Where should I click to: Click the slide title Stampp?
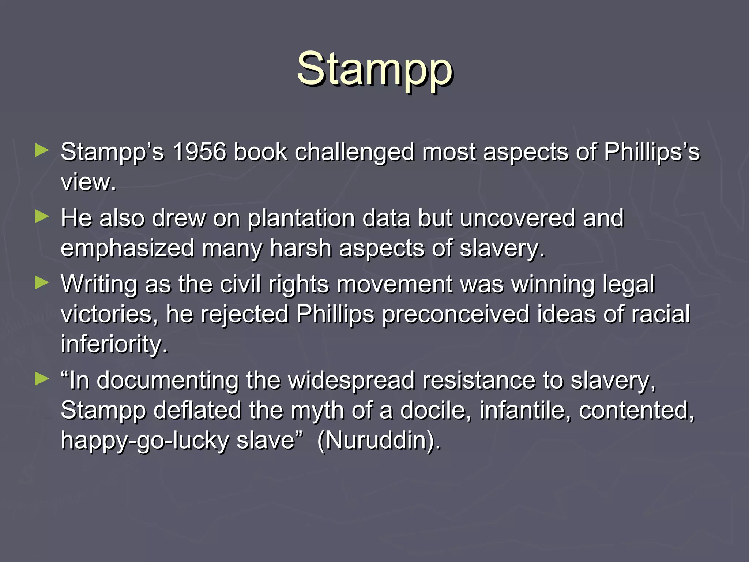[x=374, y=70]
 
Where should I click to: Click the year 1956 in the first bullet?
[x=199, y=152]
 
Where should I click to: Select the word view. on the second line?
[x=88, y=182]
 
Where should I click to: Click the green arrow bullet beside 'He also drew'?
[x=42, y=217]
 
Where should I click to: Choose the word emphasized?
[x=127, y=248]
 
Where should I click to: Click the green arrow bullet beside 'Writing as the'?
[x=42, y=283]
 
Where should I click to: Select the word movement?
[x=394, y=284]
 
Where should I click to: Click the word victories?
[x=109, y=314]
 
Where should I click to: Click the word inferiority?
[x=114, y=344]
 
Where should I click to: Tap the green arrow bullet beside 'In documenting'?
[x=42, y=379]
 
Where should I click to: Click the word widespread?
[x=351, y=380]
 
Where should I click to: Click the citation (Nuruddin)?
[x=379, y=440]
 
